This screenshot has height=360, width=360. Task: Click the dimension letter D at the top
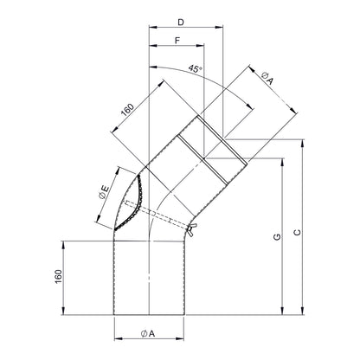(x=181, y=22)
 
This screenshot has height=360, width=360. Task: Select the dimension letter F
(x=177, y=41)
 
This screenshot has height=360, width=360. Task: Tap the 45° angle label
(x=196, y=68)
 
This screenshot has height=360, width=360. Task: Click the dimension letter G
(x=277, y=237)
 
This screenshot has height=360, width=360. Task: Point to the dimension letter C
(x=297, y=232)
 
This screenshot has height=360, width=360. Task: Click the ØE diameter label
(x=104, y=193)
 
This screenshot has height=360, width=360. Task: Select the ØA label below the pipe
(x=148, y=333)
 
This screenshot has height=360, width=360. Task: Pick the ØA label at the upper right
(x=267, y=79)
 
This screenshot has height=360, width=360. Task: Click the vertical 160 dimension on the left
(x=58, y=276)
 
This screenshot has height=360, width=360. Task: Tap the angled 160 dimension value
(x=127, y=110)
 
